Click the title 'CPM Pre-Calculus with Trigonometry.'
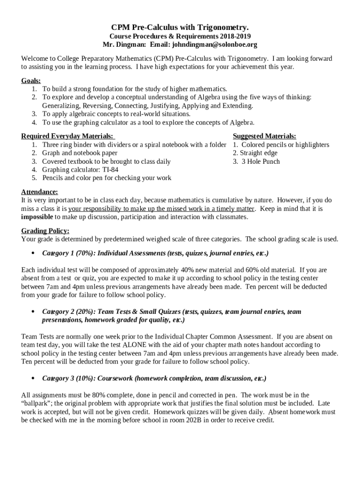[180, 28]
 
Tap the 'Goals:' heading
[31, 80]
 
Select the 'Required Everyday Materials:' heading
[67, 136]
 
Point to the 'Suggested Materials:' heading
[264, 136]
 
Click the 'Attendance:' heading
[40, 192]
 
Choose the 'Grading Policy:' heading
[45, 231]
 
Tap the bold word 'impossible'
[37, 217]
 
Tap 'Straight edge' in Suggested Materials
[259, 153]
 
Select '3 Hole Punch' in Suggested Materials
[260, 161]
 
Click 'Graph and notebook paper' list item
[80, 153]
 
